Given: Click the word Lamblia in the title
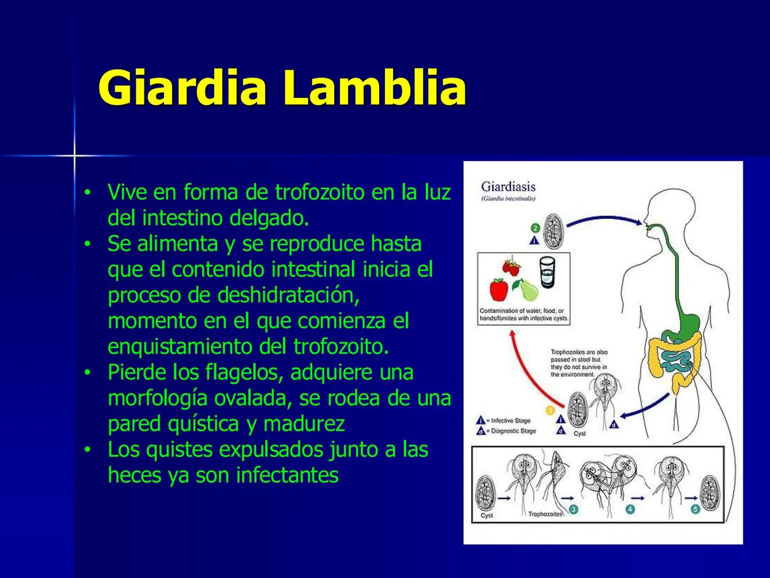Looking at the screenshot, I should point(375,88).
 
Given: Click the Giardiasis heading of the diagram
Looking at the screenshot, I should point(508,187).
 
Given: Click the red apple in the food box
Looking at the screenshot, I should point(498,290).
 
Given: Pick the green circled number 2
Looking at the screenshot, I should point(535,228).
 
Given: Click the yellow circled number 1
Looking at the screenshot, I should point(550,410).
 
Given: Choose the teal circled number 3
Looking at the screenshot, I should point(573,509).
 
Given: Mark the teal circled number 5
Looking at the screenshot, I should point(696,509).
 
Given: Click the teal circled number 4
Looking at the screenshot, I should point(630,509).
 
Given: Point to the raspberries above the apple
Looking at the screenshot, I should point(511,268).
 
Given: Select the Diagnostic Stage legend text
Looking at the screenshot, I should point(513,431).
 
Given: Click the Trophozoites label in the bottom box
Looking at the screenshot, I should point(545,514).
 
